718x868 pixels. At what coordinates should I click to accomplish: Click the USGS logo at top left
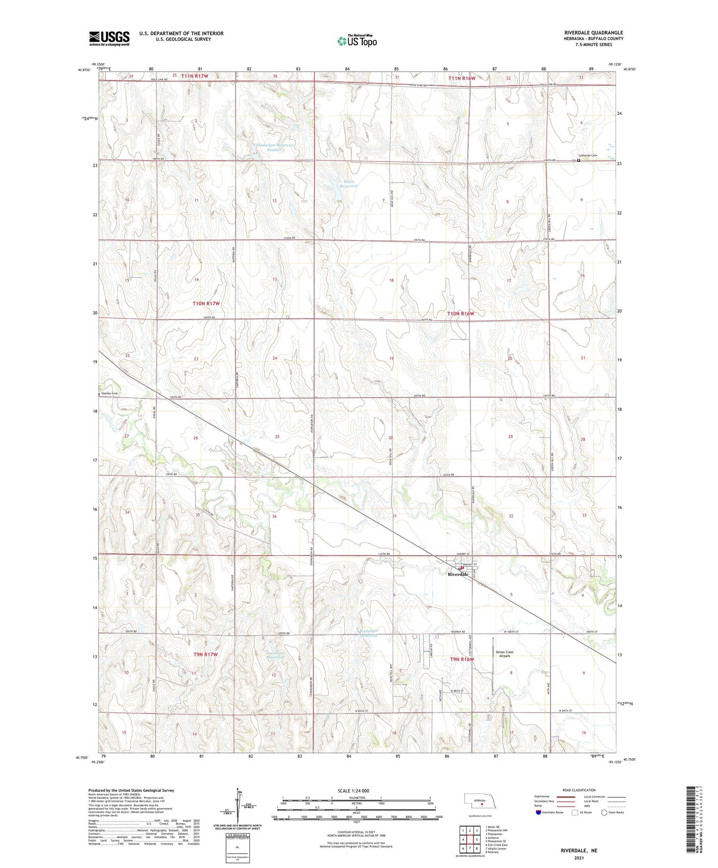point(109,38)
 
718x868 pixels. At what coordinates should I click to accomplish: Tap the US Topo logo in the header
point(356,41)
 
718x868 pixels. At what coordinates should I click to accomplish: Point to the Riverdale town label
point(458,574)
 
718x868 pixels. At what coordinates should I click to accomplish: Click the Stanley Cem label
point(109,394)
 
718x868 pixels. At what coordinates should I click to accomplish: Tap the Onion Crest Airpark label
point(504,654)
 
